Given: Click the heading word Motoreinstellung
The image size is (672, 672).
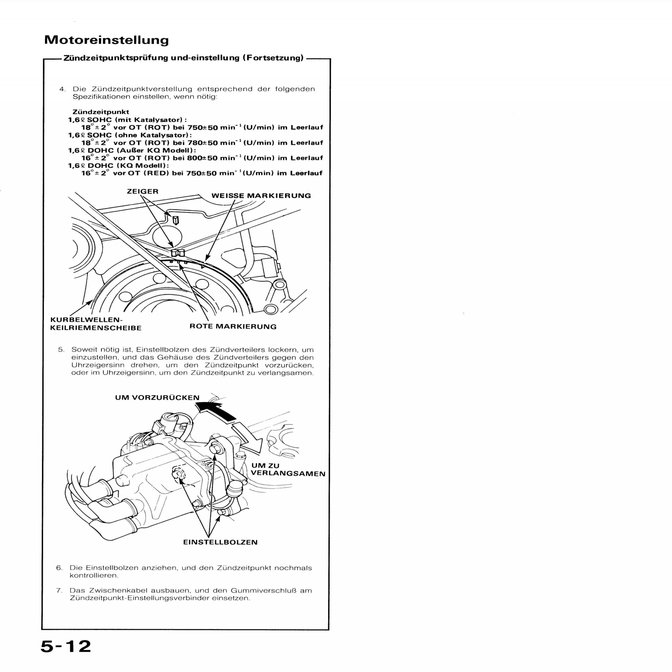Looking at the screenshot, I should [106, 40].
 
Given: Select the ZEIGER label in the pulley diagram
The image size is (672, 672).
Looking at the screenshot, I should [143, 191].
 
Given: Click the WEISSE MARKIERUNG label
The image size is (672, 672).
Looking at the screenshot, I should [261, 196].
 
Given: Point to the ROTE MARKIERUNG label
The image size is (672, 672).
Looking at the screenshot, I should [233, 327].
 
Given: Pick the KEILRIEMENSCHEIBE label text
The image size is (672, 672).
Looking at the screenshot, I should [96, 328].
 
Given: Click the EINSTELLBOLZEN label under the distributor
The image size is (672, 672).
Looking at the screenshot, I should [220, 542].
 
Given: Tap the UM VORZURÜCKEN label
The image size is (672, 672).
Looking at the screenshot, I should [157, 398].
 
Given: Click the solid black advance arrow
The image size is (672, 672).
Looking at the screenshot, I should [216, 411].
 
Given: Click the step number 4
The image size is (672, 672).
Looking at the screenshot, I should [62, 89].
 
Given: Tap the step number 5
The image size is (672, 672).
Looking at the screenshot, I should [61, 350].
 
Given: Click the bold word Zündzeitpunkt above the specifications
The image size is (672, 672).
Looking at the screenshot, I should [101, 112].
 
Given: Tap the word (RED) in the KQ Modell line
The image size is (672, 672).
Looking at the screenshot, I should [156, 173].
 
